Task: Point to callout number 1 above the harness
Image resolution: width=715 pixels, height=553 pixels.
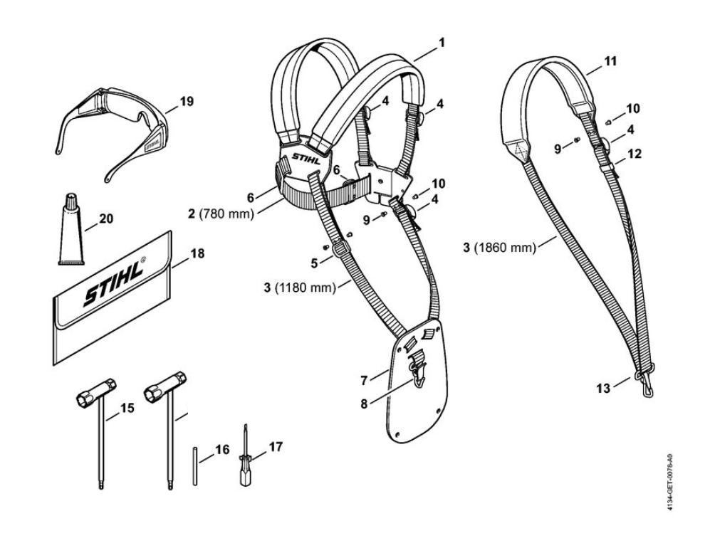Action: tap(442, 43)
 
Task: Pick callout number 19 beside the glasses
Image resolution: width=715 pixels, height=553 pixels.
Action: tap(187, 102)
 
